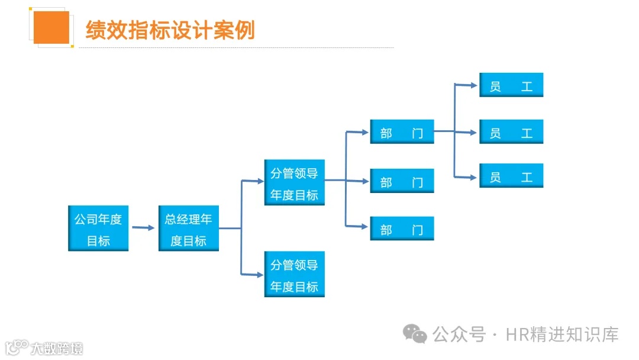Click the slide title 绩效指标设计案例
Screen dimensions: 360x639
click(x=170, y=30)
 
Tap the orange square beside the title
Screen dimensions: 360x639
click(x=51, y=27)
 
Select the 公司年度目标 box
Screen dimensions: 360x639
click(x=98, y=229)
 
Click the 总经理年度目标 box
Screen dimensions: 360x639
click(x=188, y=229)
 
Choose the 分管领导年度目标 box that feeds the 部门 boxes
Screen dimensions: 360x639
click(x=294, y=182)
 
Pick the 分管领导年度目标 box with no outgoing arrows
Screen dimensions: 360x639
click(x=294, y=275)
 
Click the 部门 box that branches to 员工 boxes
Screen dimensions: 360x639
click(x=402, y=132)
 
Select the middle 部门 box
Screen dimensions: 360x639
click(x=402, y=181)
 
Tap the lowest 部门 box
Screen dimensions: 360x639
click(x=402, y=229)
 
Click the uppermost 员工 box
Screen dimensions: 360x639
click(x=511, y=85)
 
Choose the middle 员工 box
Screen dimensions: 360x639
click(x=511, y=132)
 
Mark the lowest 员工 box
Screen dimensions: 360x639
click(x=511, y=176)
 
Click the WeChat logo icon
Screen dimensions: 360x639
click(x=415, y=335)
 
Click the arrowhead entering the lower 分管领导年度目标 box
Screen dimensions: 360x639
click(x=260, y=274)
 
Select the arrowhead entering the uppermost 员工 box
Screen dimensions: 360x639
click(x=474, y=85)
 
